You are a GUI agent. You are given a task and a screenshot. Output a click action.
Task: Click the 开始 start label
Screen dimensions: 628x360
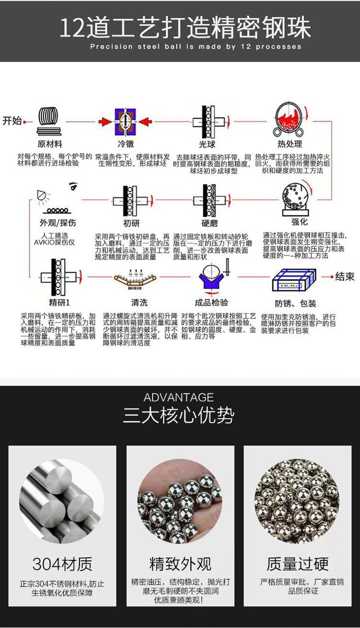[12, 121]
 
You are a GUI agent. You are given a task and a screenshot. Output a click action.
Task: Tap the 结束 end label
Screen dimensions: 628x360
[345, 277]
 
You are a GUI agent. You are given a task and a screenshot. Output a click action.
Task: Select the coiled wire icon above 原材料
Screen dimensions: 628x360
[49, 121]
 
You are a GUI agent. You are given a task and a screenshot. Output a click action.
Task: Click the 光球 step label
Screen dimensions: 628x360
[207, 144]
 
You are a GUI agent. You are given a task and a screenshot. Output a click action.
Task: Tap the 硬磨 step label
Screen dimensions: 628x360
[210, 223]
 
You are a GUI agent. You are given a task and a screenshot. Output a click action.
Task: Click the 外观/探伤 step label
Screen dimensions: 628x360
[57, 223]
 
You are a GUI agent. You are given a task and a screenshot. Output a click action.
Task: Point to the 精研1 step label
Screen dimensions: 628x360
[59, 303]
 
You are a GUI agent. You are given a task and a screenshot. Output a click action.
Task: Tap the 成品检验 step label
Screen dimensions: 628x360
[211, 303]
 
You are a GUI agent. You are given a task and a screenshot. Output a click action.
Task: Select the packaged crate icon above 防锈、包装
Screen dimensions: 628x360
[294, 280]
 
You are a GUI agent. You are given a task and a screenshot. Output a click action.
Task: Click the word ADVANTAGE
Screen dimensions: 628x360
[179, 397]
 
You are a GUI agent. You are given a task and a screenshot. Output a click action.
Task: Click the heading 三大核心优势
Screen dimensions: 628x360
[179, 415]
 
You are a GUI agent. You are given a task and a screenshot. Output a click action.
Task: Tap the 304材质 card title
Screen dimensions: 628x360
[62, 564]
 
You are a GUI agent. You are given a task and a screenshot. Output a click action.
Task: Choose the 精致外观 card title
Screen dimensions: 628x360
[180, 564]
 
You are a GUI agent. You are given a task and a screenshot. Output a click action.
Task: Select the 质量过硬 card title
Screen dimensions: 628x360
[297, 564]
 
